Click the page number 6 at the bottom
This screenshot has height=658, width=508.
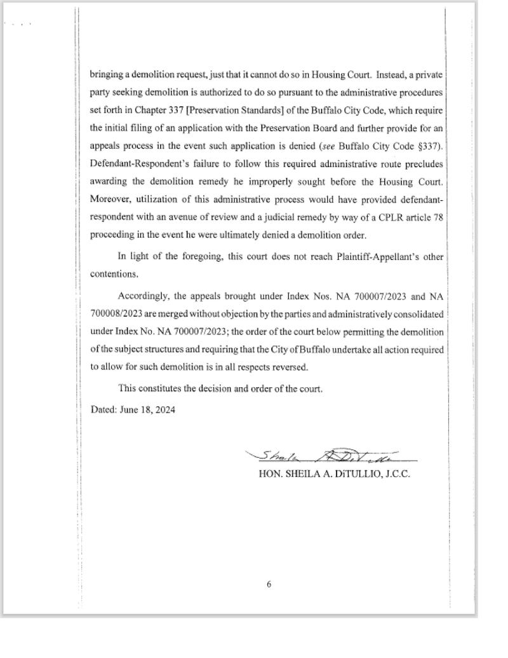[x=269, y=585]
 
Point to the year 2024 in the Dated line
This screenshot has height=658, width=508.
[x=164, y=409]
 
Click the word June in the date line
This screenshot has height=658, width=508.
[x=130, y=409]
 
